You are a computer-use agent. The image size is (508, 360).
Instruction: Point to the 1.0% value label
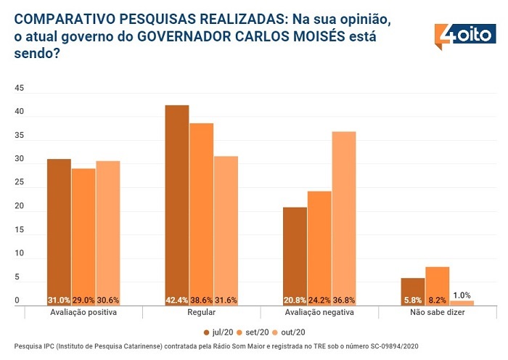462,295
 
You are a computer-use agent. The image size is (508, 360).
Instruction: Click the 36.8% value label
344,300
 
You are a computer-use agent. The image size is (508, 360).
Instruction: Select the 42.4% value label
177,300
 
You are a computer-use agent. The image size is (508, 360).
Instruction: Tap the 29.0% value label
83,300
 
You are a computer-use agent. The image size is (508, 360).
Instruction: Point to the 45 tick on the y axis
20,89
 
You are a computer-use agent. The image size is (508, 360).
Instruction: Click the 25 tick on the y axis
20,183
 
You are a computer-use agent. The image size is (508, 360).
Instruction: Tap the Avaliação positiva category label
83,313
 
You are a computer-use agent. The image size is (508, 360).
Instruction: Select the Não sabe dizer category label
438,313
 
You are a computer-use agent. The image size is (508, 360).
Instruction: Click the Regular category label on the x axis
201,313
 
